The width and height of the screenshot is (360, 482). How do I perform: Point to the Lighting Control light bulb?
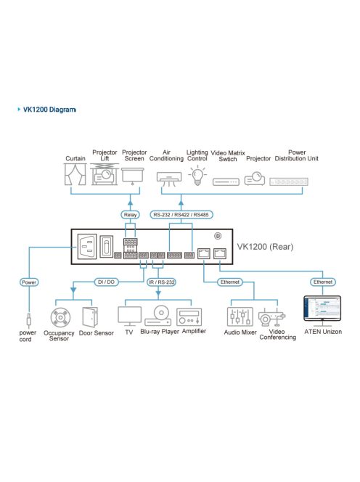196,175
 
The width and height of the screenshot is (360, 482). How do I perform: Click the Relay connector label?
131,215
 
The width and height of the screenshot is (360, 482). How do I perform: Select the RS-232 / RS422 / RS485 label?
180,215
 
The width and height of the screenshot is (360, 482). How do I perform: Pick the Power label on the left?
29,280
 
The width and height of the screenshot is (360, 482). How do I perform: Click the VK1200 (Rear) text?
265,246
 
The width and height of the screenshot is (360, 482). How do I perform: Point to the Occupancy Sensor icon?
59,317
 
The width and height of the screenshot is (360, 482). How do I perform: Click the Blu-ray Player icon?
160,316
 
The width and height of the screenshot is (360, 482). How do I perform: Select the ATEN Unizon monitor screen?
322,308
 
